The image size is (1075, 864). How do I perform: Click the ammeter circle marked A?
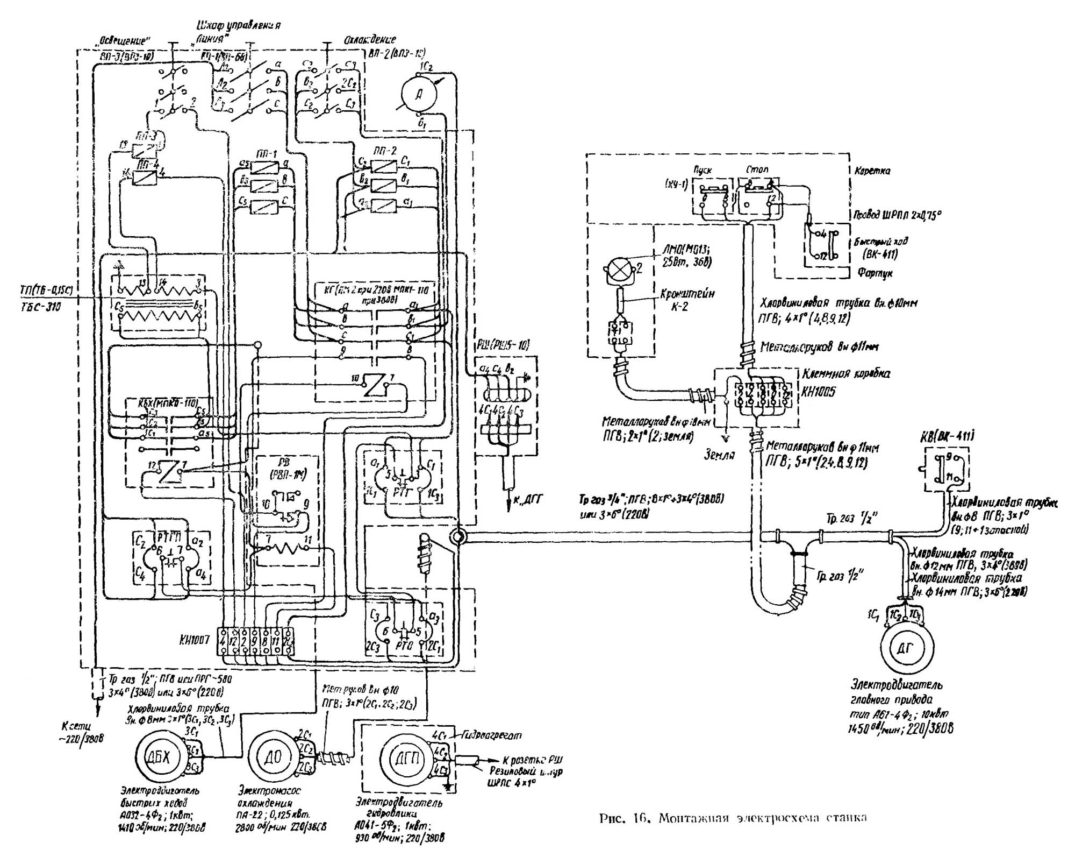coord(419,94)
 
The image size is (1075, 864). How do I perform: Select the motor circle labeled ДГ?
coord(906,649)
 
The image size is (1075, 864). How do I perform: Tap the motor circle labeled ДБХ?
coord(158,757)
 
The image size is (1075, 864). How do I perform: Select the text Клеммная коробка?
coord(845,374)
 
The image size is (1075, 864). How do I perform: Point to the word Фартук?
coord(876,273)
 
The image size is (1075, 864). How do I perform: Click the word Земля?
coord(720,455)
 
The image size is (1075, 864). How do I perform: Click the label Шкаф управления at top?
coord(239,25)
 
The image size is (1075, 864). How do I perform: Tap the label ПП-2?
coord(384,151)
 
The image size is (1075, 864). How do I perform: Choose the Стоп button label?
coord(757,170)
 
